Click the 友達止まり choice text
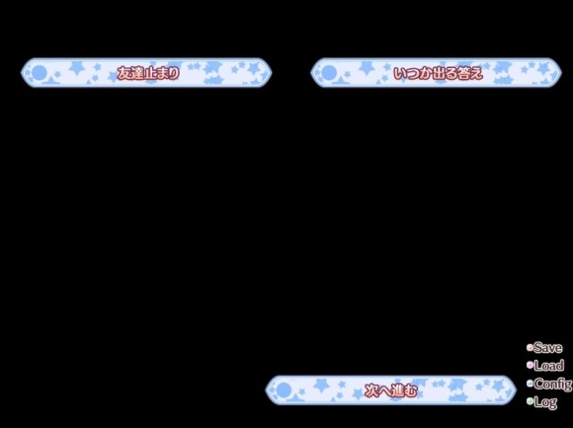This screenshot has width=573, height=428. click(148, 73)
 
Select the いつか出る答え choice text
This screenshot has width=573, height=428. click(438, 73)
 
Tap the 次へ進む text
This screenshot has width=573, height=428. click(391, 391)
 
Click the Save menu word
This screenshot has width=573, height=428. click(547, 348)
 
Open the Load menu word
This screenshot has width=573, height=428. click(549, 365)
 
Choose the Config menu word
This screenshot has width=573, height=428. click(553, 384)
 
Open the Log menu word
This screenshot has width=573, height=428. click(545, 402)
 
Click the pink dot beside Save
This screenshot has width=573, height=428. click(530, 347)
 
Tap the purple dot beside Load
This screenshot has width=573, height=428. click(530, 365)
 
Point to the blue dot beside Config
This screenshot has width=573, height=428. click(530, 384)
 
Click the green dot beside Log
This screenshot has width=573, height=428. click(530, 401)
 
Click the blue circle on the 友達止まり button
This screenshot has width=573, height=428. click(40, 73)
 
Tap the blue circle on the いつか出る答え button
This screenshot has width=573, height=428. click(329, 73)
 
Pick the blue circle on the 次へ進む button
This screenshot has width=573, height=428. click(284, 390)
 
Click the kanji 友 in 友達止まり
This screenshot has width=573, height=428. click(123, 73)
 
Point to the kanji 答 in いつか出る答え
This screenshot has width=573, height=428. click(462, 73)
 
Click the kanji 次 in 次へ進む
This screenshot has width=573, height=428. click(371, 391)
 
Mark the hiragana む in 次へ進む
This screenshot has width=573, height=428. click(411, 391)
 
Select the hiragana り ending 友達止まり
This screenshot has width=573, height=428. click(174, 73)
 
